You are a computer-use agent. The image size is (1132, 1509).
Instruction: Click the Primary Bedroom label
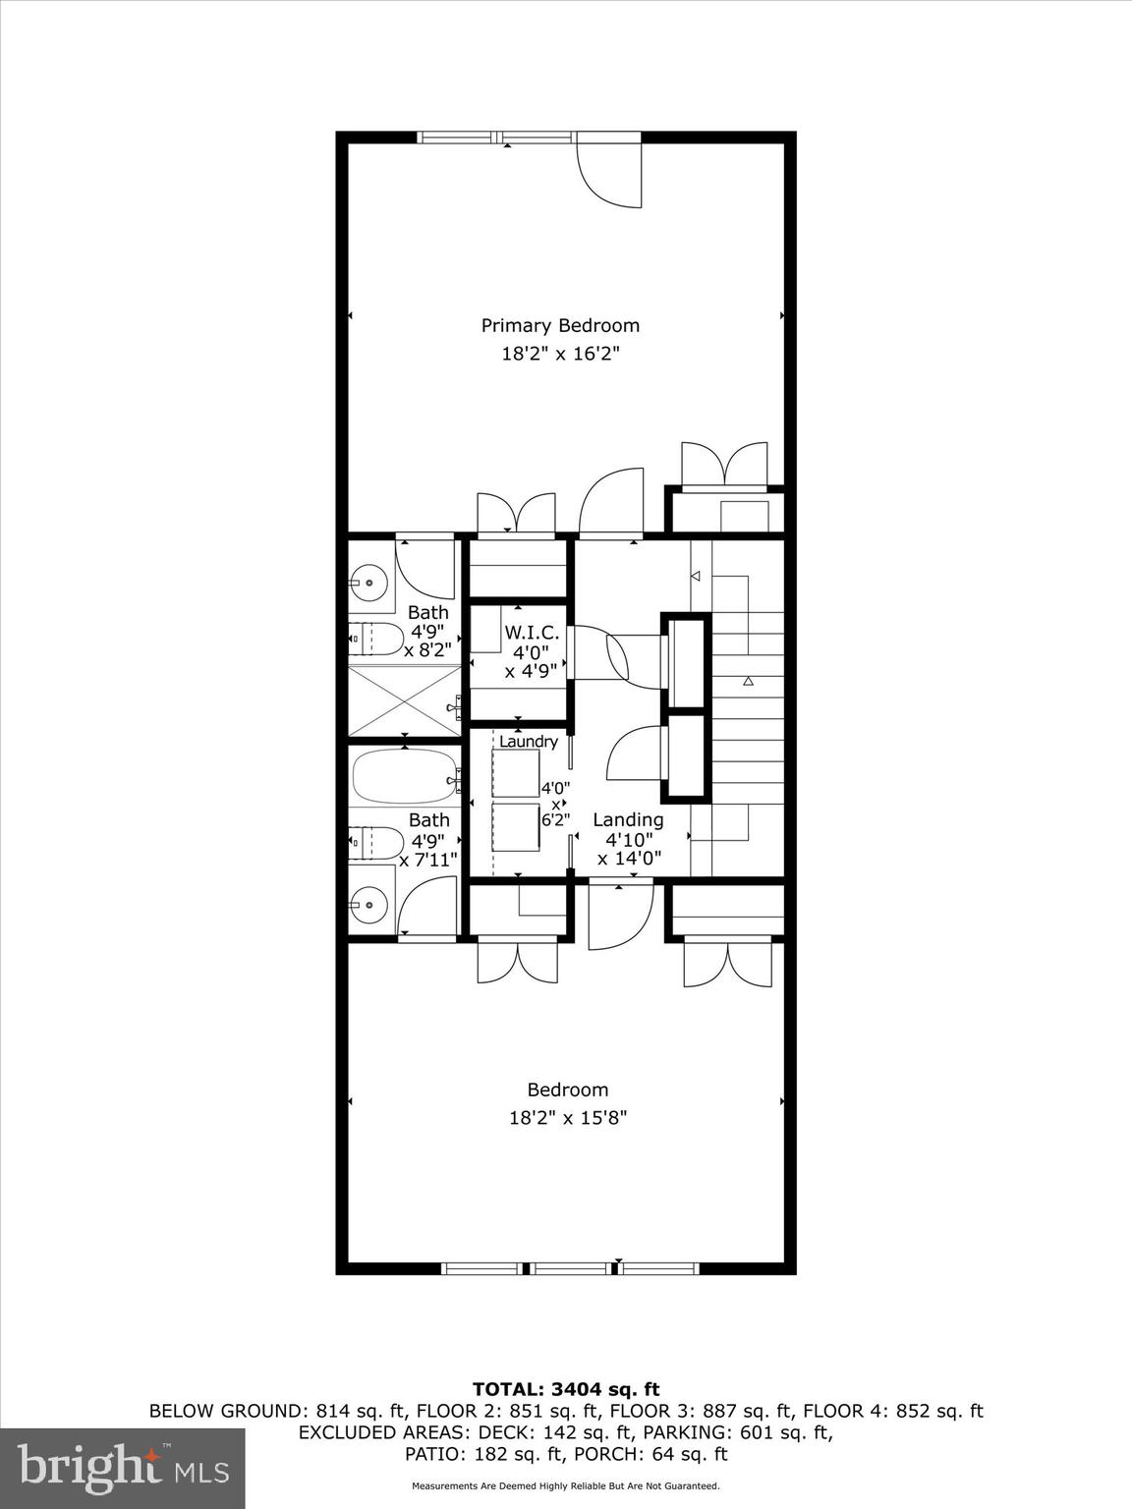pos(559,325)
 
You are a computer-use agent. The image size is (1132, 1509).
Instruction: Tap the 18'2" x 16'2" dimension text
pos(559,354)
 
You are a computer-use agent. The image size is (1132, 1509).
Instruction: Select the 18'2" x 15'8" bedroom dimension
pos(567,1117)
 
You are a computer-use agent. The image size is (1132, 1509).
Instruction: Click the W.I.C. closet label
pos(532,633)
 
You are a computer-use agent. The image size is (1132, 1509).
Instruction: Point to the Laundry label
pos(529,742)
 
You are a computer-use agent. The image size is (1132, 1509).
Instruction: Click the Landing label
pos(628,819)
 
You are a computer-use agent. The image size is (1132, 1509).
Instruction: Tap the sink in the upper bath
pos(369,584)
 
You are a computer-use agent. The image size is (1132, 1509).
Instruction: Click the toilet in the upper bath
pos(375,639)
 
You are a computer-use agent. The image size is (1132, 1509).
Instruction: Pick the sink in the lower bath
pos(369,901)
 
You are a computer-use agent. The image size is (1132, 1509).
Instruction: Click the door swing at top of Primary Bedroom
pos(610,174)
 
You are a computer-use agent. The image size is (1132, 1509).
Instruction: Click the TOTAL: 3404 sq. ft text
pos(566,1389)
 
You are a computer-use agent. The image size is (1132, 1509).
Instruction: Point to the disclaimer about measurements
pos(566,1486)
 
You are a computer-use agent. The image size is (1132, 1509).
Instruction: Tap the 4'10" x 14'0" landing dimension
pos(629,848)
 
